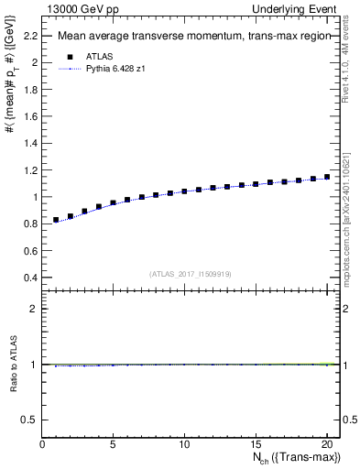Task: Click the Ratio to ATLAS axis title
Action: point(13,365)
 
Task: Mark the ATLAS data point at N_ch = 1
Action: point(56,220)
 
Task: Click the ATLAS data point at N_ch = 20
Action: point(327,177)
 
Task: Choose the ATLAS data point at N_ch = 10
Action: point(184,191)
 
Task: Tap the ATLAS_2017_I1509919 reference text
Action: point(191,273)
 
